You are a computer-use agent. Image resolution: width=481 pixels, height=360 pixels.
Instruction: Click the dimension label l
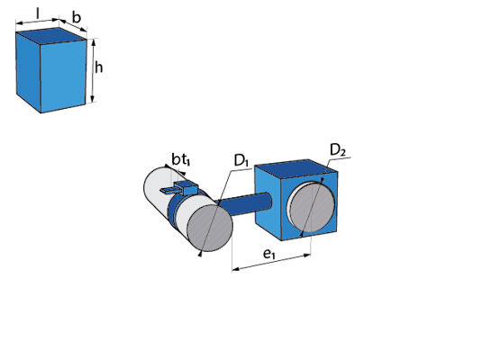tap(38, 13)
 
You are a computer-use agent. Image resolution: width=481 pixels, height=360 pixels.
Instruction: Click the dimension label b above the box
tap(77, 17)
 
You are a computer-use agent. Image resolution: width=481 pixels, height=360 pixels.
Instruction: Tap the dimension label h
tap(98, 67)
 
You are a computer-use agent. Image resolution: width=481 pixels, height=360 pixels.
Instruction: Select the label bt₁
tap(181, 160)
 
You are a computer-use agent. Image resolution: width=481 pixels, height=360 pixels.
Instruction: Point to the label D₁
tap(241, 160)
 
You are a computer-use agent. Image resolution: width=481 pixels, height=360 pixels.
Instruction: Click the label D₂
tap(338, 150)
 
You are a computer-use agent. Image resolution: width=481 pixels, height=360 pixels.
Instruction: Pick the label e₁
tap(269, 254)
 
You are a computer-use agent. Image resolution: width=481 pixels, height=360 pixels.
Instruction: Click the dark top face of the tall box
tap(51, 35)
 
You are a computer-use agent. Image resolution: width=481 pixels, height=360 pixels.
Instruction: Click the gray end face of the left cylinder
tap(210, 229)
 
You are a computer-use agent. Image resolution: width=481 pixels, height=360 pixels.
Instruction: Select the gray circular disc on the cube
tap(313, 207)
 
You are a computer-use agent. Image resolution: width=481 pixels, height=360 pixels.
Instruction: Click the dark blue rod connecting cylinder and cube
tap(245, 204)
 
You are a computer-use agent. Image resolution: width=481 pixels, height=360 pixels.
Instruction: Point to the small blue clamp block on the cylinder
tap(186, 187)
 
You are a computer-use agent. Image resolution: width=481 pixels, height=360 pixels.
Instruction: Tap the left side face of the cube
tap(268, 202)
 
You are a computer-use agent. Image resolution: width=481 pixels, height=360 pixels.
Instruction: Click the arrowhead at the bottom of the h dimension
tap(94, 99)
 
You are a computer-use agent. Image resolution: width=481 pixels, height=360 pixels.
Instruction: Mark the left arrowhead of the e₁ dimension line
tap(236, 269)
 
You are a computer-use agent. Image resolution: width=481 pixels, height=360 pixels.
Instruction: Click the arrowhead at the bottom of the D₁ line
tap(200, 253)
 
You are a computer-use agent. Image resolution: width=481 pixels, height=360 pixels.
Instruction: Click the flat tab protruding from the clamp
tap(168, 191)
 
